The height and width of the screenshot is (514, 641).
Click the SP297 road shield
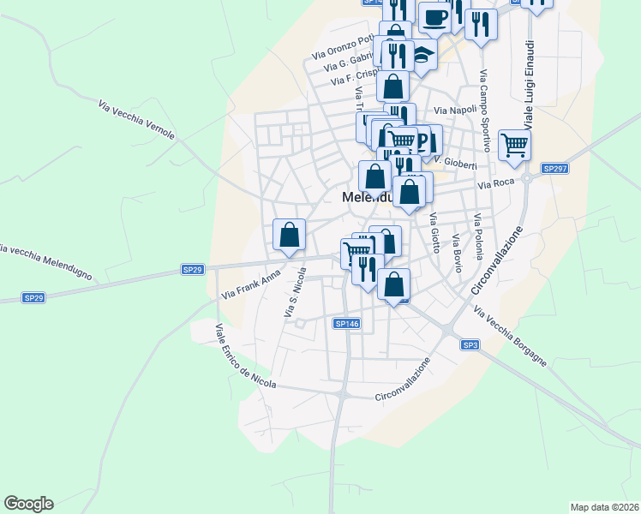(x=555, y=169)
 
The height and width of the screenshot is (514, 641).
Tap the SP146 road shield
(x=347, y=324)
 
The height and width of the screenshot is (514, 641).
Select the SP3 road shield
(x=469, y=344)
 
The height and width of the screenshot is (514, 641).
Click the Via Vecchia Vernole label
(x=137, y=121)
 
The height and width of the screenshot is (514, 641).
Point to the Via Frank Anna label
(x=250, y=286)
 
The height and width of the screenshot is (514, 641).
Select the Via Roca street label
(x=495, y=184)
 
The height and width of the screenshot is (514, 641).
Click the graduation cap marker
(x=422, y=56)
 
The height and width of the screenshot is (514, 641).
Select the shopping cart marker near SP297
(x=514, y=145)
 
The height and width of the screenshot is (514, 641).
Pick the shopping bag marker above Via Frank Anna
(x=290, y=234)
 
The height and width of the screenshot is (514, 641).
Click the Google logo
(x=28, y=504)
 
